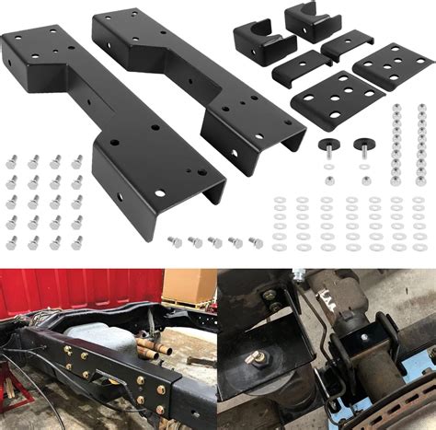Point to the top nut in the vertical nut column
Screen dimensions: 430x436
(x=396, y=108)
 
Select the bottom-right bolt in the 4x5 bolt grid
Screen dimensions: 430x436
(x=77, y=241)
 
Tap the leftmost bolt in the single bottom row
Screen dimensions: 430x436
(x=174, y=241)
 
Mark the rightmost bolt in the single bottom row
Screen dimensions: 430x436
(x=256, y=242)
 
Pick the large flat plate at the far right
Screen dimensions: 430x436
(x=394, y=65)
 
